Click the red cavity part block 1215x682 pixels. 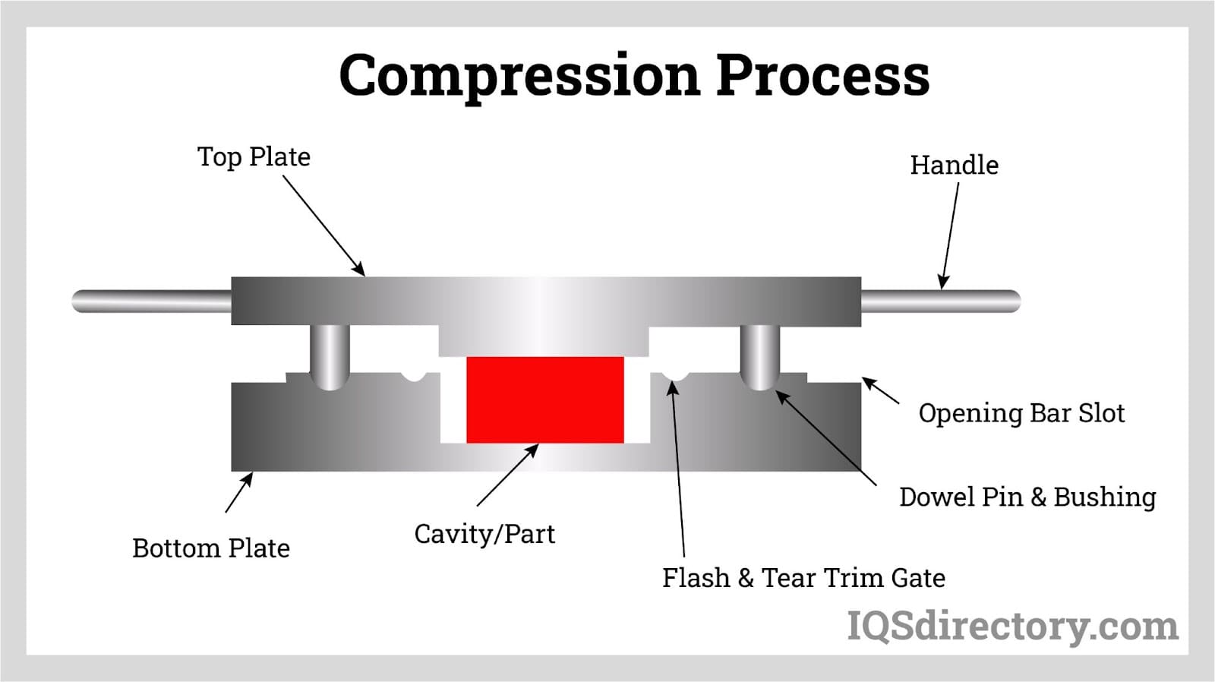point(544,399)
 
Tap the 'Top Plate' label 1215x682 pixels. point(254,157)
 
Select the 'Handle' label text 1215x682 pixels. point(954,165)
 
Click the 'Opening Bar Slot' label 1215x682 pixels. point(1021,413)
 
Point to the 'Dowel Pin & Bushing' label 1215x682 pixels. point(1027,497)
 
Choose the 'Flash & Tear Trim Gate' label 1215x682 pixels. point(803,578)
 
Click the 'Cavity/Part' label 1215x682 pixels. point(484,534)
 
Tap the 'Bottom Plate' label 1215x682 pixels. point(211,548)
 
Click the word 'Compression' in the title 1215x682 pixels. point(519,75)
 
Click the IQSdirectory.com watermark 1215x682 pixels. point(1012,627)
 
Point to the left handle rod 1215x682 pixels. point(152,302)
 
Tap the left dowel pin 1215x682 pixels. point(330,355)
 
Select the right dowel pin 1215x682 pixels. point(759,355)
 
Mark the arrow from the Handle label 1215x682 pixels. point(949,235)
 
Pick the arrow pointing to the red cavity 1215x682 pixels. point(507,475)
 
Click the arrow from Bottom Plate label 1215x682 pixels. point(238,493)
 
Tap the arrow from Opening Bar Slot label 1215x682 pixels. point(881,390)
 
